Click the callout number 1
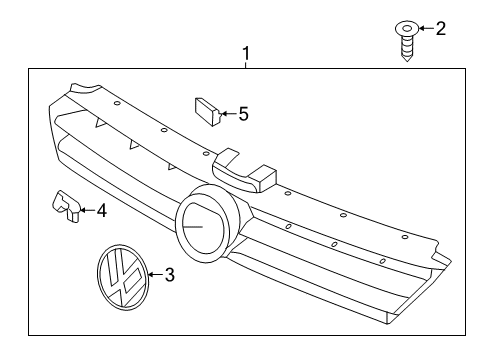[246, 54]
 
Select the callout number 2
[441, 28]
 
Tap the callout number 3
[170, 275]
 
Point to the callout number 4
[102, 211]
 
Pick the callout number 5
[244, 114]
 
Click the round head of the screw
[407, 28]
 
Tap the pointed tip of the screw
[407, 60]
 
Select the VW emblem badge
[123, 278]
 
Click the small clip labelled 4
[66, 205]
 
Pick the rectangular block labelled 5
[207, 111]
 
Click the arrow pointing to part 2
[426, 28]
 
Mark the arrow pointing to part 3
[156, 275]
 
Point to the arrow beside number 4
[87, 210]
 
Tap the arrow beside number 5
[229, 114]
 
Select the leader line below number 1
[246, 65]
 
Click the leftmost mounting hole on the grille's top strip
[117, 103]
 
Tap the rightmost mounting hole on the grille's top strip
[405, 237]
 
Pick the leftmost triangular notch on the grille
[100, 123]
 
